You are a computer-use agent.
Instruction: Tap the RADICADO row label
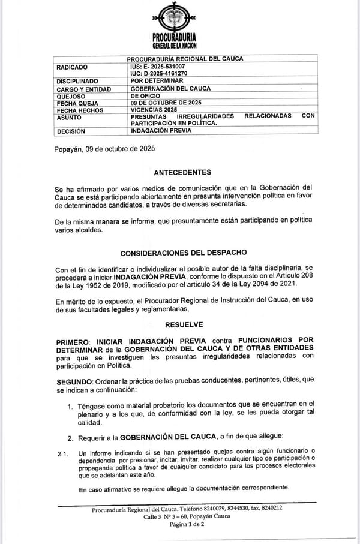[72, 67]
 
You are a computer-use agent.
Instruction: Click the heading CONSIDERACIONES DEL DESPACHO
[184, 253]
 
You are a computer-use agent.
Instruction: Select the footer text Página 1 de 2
[187, 524]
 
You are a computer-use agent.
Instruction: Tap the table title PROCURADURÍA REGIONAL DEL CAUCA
[185, 59]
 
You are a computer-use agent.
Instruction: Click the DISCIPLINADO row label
[77, 80]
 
